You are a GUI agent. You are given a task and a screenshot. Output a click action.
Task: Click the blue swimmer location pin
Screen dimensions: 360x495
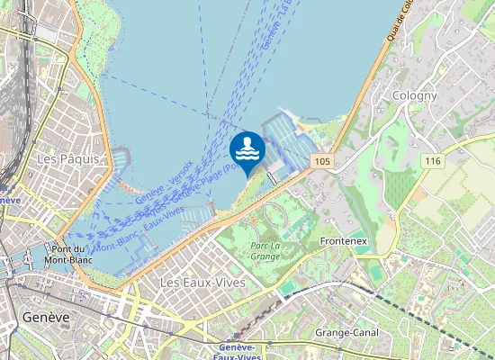tap(247, 151)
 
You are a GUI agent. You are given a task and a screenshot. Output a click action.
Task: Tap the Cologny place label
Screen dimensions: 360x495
tap(415, 95)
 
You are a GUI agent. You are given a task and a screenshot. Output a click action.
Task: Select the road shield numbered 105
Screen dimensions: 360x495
tap(323, 160)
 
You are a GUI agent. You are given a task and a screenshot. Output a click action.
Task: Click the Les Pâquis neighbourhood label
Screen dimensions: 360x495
tap(60, 158)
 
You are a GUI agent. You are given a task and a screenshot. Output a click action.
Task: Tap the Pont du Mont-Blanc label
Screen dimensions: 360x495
tap(68, 255)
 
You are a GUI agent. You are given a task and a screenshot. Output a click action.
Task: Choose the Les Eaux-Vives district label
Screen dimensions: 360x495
tap(202, 283)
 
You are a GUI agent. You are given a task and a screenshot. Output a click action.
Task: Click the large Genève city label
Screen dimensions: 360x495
tap(46, 317)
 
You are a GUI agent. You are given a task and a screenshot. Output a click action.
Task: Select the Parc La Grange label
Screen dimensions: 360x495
tap(265, 250)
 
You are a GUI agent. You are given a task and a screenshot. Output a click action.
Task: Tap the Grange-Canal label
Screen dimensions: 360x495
tap(346, 333)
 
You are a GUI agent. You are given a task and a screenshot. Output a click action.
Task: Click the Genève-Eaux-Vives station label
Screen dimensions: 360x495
tap(241, 352)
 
